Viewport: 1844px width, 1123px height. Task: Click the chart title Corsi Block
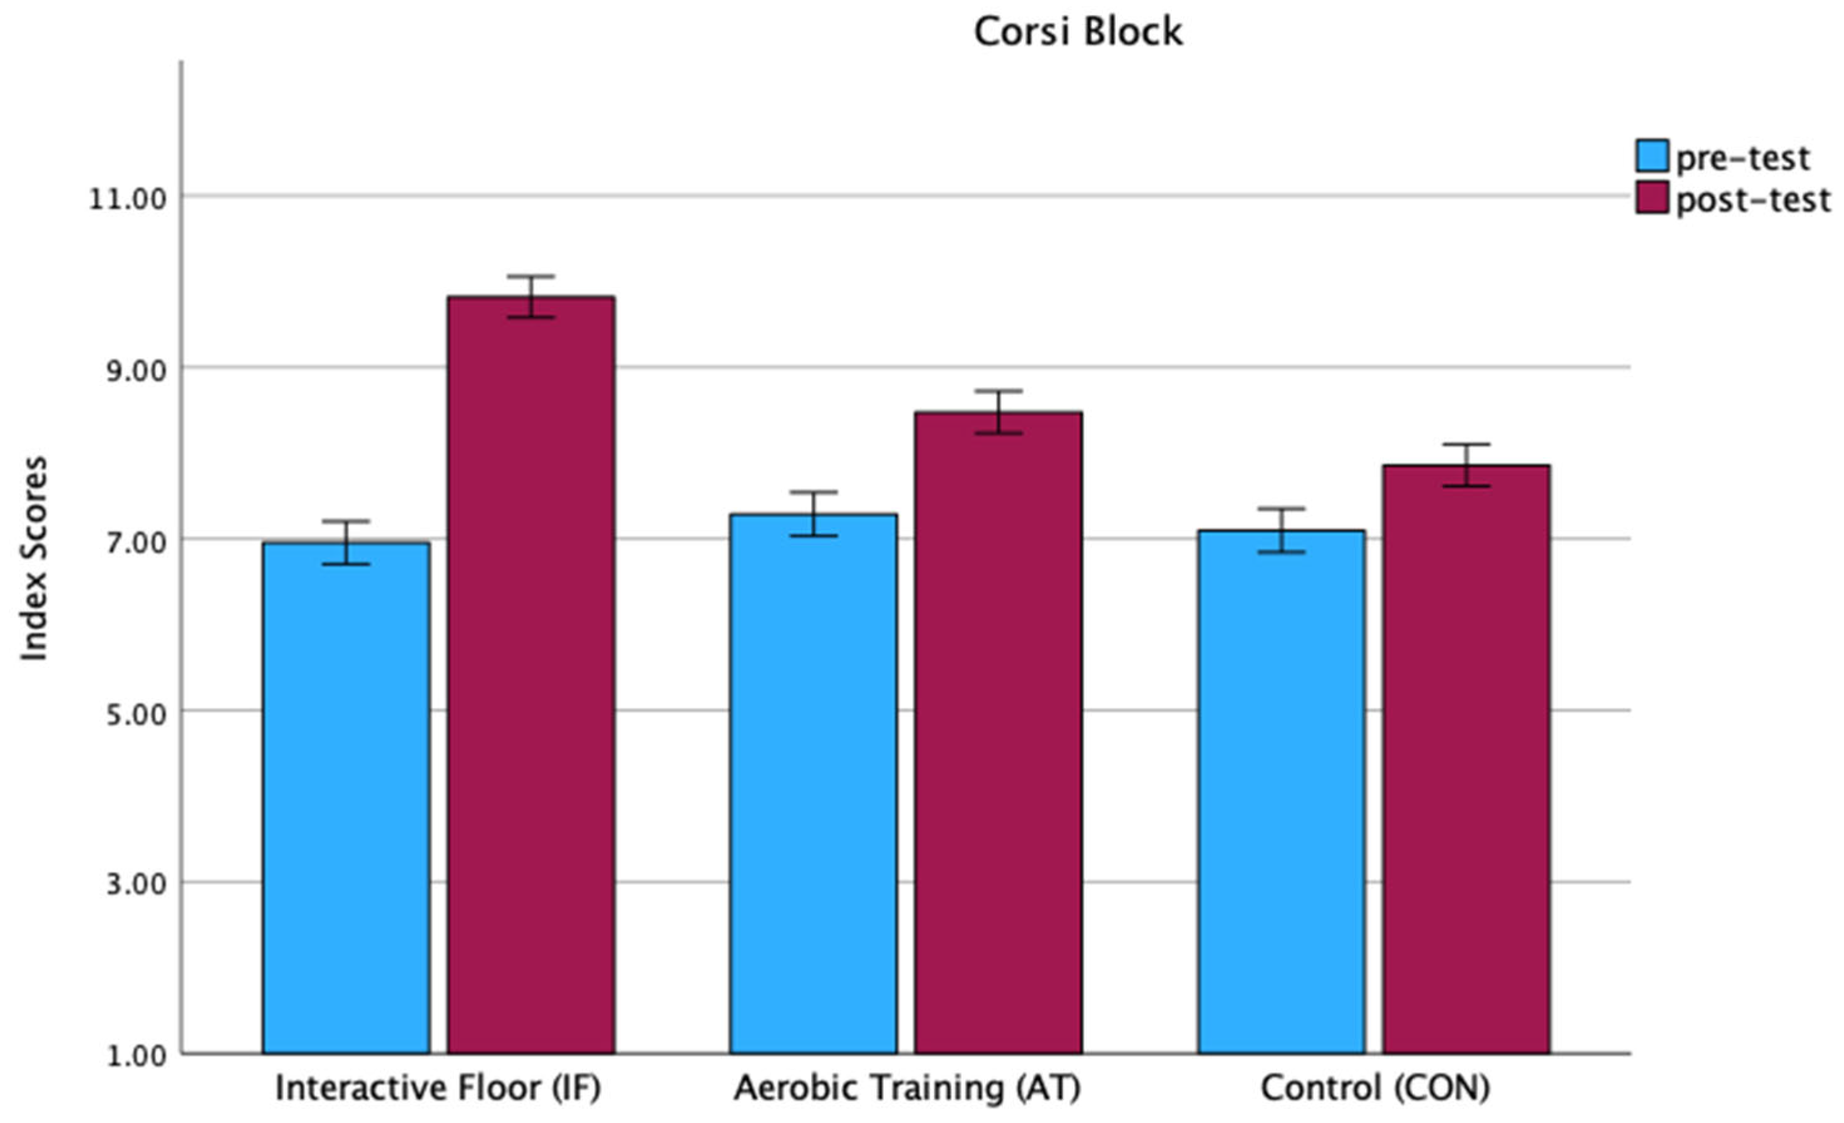click(1078, 31)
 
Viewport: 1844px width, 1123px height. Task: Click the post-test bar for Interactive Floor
click(531, 673)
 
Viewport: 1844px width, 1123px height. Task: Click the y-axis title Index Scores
click(34, 558)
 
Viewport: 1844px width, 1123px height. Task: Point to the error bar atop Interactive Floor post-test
click(531, 296)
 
